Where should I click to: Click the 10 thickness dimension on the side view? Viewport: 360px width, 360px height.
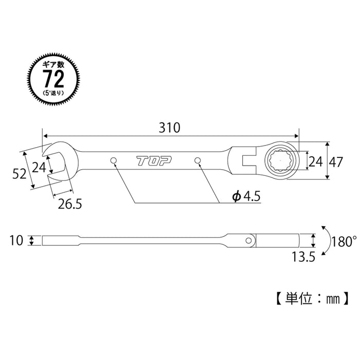[17, 240]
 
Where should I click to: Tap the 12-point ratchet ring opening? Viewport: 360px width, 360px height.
[280, 161]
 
